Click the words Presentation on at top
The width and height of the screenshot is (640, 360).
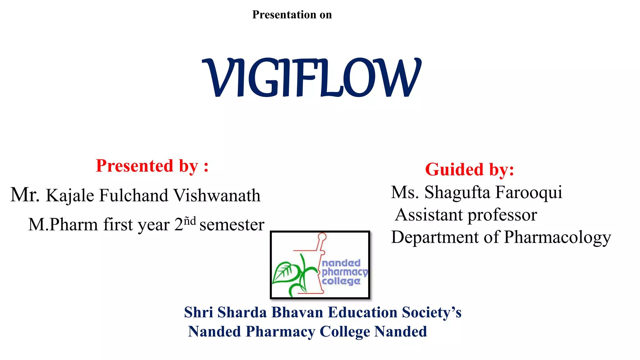[x=292, y=15]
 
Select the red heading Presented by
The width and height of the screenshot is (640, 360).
[x=152, y=166]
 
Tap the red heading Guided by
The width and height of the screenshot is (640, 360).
[x=469, y=169]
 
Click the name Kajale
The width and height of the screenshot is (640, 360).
[x=70, y=196]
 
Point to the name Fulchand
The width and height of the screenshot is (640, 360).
[x=134, y=196]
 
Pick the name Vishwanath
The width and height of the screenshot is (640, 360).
[x=217, y=196]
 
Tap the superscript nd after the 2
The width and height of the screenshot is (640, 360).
[x=190, y=221]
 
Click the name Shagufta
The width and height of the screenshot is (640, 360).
[x=457, y=192]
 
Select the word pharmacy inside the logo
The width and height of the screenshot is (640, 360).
[x=344, y=272]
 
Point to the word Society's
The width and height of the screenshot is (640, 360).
[x=432, y=312]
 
